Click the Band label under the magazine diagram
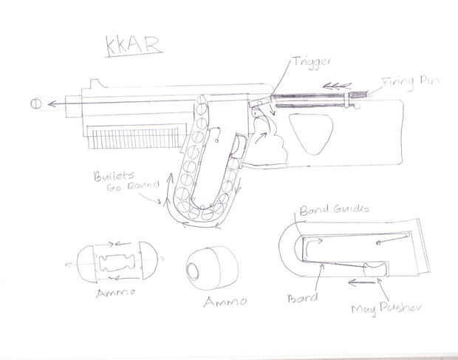click(x=304, y=298)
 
